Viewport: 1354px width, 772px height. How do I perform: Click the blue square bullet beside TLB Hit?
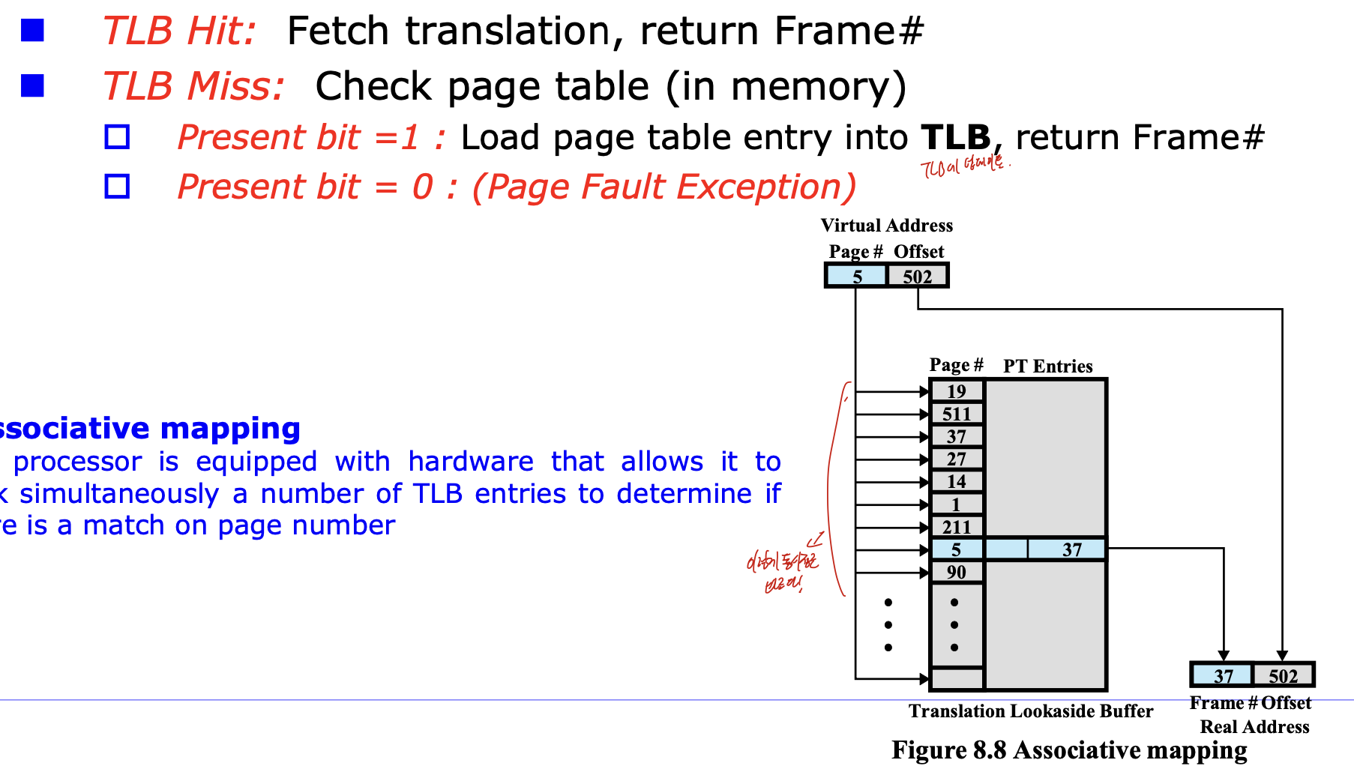(x=32, y=31)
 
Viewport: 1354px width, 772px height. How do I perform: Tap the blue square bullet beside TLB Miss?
(x=32, y=86)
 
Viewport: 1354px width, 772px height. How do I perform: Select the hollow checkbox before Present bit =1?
(x=117, y=137)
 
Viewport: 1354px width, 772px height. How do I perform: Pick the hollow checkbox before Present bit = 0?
(x=117, y=186)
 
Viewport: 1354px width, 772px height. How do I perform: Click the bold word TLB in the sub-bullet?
(x=956, y=137)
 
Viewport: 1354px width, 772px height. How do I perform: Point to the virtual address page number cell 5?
(x=857, y=276)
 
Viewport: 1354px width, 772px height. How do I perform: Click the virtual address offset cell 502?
(x=918, y=276)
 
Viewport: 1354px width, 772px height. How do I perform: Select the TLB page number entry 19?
(x=956, y=391)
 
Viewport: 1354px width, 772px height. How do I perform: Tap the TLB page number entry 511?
(x=956, y=414)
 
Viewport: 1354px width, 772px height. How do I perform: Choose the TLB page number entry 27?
(x=956, y=459)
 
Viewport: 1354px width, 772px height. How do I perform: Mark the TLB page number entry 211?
(x=956, y=527)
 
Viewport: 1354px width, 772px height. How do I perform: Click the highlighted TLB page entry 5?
(x=956, y=549)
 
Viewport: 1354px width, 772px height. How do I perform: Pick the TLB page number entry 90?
(x=956, y=572)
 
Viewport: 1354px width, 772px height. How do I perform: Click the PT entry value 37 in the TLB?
(x=1072, y=549)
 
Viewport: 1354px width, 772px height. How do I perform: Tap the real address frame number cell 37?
(x=1223, y=675)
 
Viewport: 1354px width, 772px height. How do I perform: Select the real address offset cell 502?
(x=1283, y=675)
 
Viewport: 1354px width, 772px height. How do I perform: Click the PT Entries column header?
(x=1047, y=366)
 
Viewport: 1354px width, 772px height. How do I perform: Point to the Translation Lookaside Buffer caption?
(x=1031, y=711)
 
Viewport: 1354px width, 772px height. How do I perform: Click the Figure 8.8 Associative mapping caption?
(x=1069, y=750)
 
